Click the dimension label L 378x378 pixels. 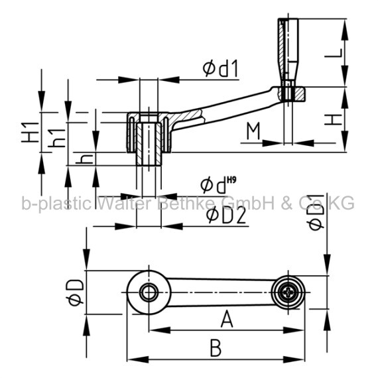pos(334,53)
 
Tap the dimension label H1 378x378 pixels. pos(30,133)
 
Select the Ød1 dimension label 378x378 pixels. pos(220,68)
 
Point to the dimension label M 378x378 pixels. pos(253,131)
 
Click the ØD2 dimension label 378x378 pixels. pos(226,216)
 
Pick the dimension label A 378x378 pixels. pos(227,319)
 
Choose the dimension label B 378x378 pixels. pos(216,347)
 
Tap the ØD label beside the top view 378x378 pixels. pos(75,292)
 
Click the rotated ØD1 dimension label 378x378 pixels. pos(316,212)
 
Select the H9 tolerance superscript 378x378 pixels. pos(231,179)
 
